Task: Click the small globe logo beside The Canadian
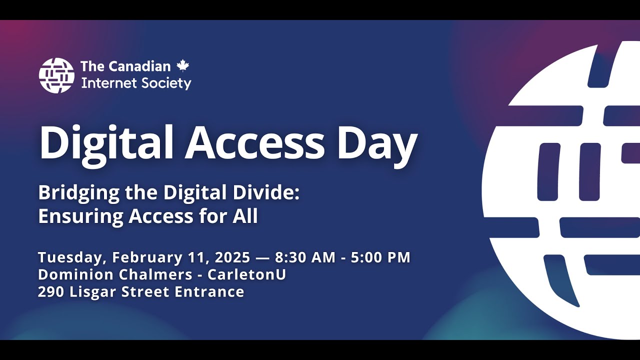pyautogui.click(x=56, y=75)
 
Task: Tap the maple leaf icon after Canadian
pyautogui.click(x=183, y=65)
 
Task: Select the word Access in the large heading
pyautogui.click(x=255, y=142)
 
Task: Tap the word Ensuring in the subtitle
pyautogui.click(x=80, y=216)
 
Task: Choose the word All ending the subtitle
pyautogui.click(x=245, y=216)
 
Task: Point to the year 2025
pyautogui.click(x=232, y=257)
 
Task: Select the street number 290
pyautogui.click(x=51, y=291)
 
